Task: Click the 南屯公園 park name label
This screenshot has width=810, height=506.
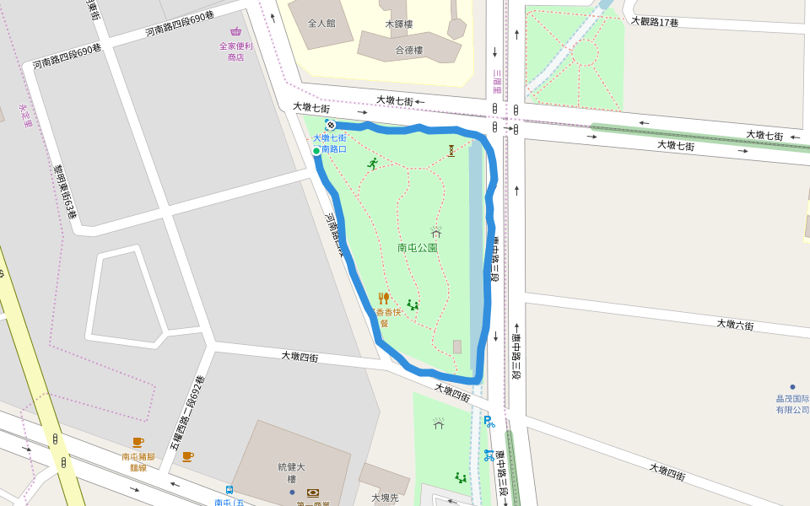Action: [417, 248]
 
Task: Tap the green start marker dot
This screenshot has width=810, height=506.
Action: [316, 151]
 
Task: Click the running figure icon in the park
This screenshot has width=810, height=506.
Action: [372, 164]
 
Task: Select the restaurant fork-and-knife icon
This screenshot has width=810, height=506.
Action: [384, 298]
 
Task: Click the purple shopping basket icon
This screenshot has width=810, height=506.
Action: [235, 31]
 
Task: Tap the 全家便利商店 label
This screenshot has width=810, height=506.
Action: [235, 51]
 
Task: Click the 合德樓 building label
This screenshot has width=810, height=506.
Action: [409, 51]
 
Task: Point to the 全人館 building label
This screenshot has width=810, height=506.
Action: [321, 24]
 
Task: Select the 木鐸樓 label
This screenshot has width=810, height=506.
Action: [398, 24]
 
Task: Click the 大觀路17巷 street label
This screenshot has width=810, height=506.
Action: [655, 21]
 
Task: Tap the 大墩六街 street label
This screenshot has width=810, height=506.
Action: [735, 325]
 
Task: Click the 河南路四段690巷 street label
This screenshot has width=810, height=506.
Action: [180, 24]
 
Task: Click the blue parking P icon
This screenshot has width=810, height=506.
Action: [489, 421]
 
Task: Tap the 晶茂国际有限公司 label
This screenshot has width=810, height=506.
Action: [792, 404]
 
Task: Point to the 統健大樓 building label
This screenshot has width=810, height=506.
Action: [290, 472]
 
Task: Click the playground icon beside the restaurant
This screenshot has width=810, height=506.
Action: [413, 304]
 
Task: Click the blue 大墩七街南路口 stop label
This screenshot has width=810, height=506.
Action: [330, 143]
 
